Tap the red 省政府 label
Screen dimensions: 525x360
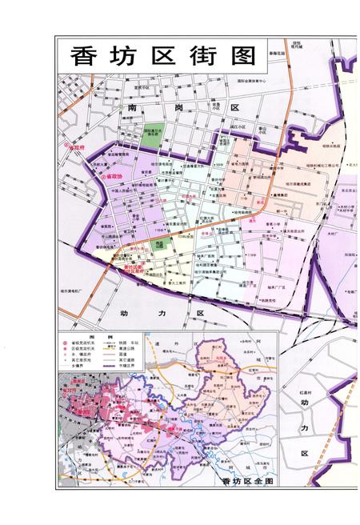click(77, 149)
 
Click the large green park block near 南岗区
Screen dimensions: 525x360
click(151, 135)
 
